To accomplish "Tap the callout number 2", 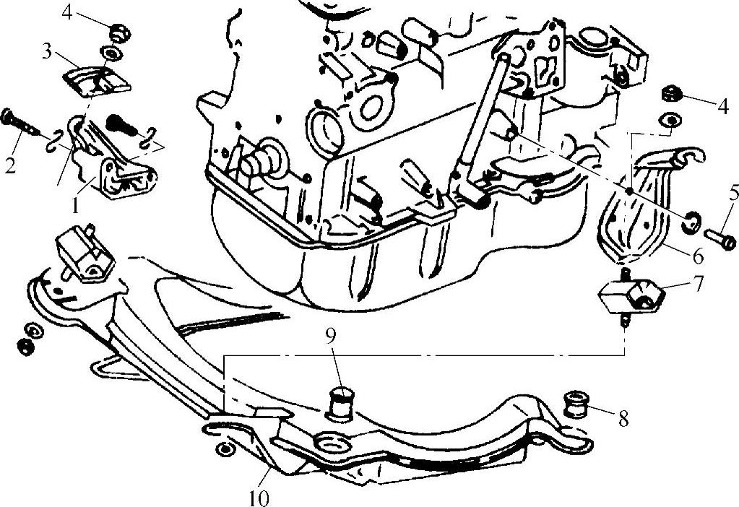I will [x=9, y=165].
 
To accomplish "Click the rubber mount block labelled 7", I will [x=629, y=295].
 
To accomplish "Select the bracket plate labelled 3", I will [x=94, y=79].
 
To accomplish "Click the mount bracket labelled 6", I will [x=636, y=209].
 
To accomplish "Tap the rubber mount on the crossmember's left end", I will [x=82, y=254].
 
